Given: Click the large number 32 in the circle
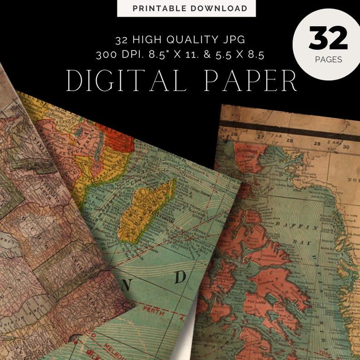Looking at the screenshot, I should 328,39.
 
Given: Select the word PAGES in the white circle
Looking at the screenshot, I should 328,59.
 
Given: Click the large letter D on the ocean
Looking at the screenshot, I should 180,277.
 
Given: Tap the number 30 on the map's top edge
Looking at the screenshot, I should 346,146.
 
